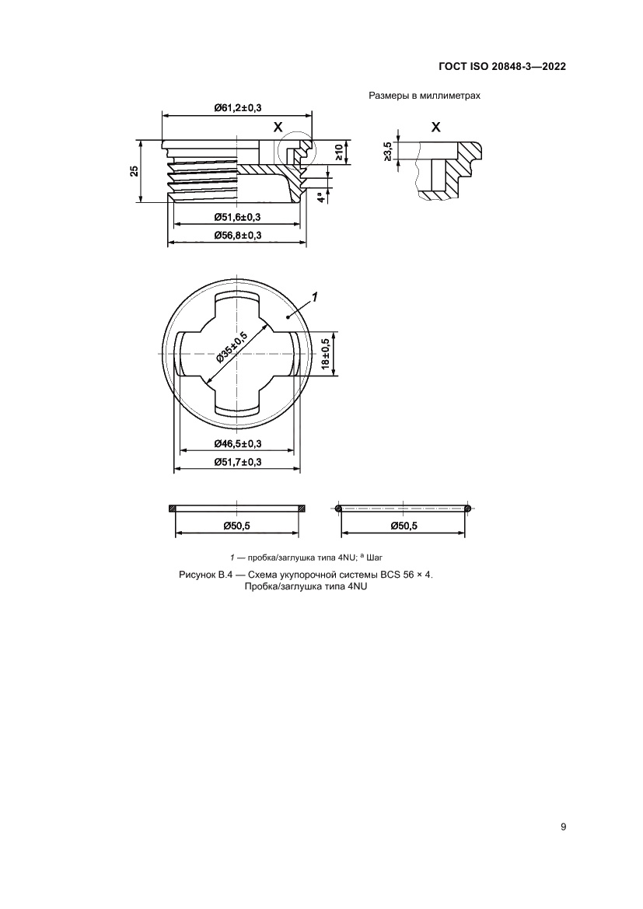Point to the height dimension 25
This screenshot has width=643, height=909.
click(135, 171)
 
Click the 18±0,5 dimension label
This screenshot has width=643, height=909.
click(326, 354)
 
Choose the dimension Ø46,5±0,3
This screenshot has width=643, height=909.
click(237, 443)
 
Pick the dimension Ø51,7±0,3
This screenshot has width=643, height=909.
click(237, 463)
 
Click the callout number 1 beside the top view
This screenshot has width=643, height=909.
click(314, 296)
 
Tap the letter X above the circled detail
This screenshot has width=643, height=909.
click(278, 127)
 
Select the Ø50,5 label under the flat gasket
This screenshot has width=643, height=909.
click(236, 526)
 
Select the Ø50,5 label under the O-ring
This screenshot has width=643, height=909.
click(404, 526)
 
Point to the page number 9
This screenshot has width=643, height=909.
click(563, 827)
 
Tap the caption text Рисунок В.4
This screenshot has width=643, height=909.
click(207, 575)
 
